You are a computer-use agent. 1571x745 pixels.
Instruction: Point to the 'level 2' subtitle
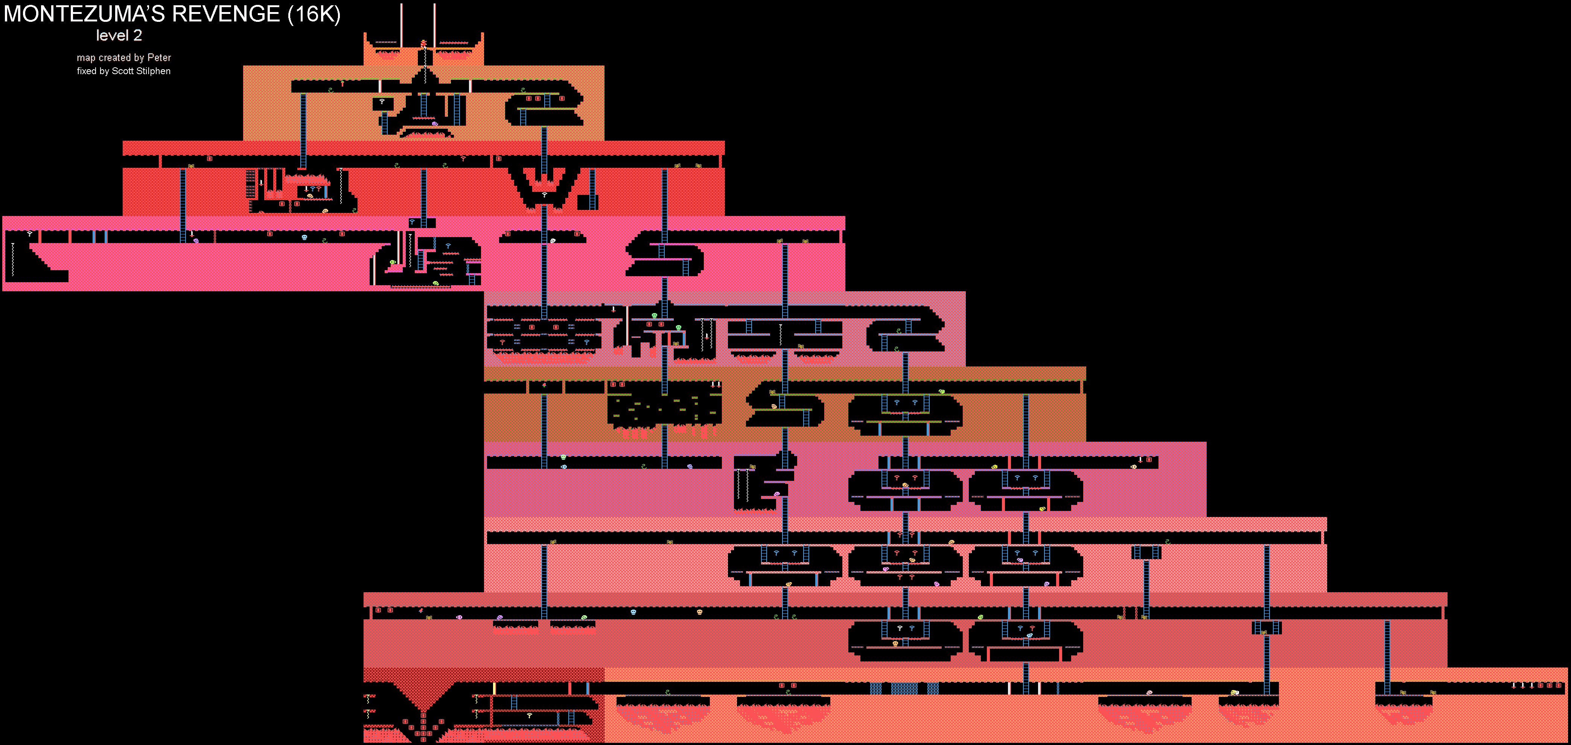119,35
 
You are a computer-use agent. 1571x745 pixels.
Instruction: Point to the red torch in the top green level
342,83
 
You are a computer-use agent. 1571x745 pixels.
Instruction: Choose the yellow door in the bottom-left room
494,688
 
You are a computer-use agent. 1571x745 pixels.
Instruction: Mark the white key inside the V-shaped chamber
544,195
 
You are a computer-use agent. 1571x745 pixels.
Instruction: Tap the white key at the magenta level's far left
29,234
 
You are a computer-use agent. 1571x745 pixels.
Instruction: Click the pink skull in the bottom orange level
1149,693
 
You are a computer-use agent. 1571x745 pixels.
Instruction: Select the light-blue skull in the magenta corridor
304,237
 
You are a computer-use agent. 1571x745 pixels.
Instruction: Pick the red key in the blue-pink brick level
502,343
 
